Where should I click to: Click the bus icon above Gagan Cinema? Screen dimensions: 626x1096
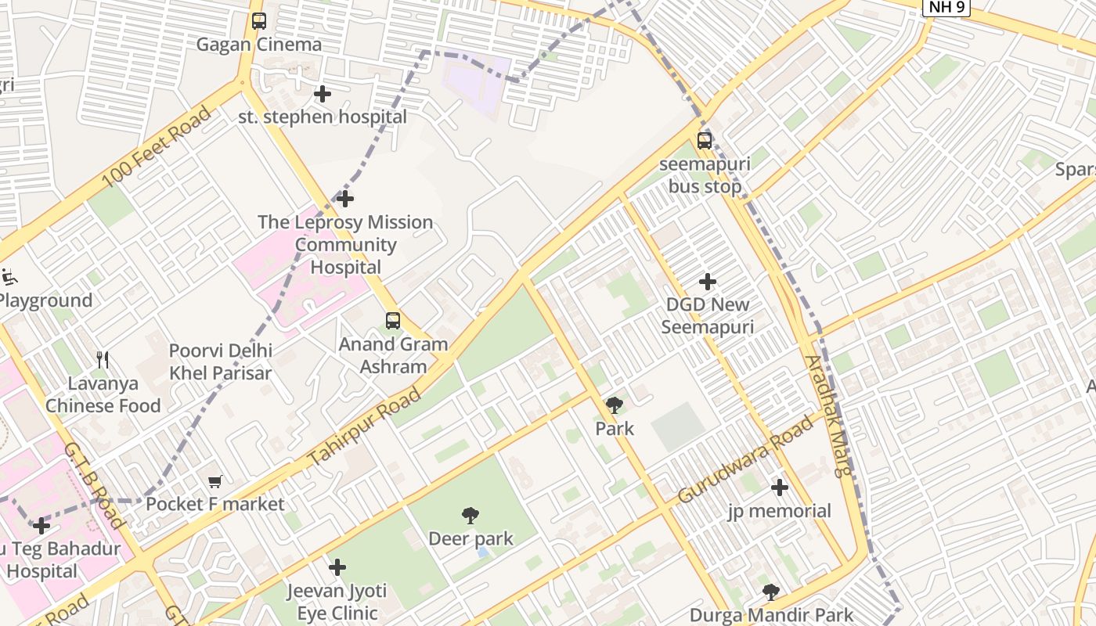[x=259, y=21]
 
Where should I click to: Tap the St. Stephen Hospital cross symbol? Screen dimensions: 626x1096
[x=322, y=94]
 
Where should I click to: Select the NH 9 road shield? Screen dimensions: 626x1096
[x=946, y=7]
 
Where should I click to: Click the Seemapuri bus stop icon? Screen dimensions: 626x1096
[x=705, y=141]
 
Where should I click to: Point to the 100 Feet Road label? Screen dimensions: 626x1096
[x=157, y=146]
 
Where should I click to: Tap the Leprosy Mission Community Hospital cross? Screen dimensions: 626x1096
[x=344, y=199]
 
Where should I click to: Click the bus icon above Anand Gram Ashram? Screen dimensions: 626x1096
[x=393, y=321]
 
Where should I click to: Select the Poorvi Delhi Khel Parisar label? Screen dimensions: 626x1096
[x=221, y=362]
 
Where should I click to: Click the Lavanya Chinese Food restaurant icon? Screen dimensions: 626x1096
[x=103, y=360]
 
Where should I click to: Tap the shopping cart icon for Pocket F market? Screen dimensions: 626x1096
[x=215, y=481]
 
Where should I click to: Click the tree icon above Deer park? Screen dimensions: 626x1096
[x=470, y=516]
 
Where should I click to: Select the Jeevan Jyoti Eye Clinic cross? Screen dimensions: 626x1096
[x=337, y=567]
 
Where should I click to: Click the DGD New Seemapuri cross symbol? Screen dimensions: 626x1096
[x=708, y=282]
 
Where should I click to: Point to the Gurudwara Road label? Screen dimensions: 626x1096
[x=745, y=460]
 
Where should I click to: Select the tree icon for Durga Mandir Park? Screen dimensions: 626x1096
[x=771, y=592]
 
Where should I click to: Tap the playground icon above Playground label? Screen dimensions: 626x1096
[x=9, y=276]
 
